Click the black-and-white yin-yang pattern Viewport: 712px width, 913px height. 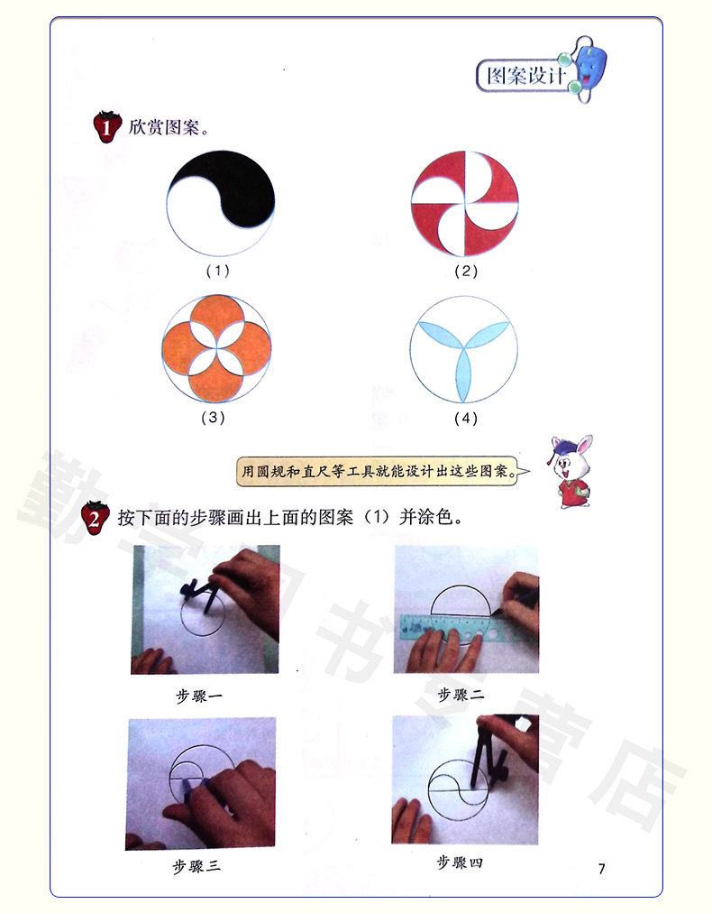click(221, 203)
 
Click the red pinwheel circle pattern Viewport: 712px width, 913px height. click(465, 204)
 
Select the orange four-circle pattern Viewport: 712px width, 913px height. click(216, 349)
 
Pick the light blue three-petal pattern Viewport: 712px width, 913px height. click(463, 350)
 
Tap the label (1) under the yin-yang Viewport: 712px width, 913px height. click(218, 271)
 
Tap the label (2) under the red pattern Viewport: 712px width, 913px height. click(466, 271)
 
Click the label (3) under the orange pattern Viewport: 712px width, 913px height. click(213, 418)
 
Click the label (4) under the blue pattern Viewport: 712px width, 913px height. click(466, 418)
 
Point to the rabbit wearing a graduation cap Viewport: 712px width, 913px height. click(571, 472)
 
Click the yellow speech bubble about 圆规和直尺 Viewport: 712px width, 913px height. click(382, 471)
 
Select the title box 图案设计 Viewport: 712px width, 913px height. click(525, 76)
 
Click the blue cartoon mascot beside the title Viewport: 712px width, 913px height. click(588, 69)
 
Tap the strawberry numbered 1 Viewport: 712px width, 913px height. click(107, 126)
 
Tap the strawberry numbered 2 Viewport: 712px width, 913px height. click(95, 518)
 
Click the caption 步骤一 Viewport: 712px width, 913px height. click(199, 696)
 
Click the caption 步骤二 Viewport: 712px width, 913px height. click(461, 694)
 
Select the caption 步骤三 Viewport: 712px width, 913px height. click(196, 866)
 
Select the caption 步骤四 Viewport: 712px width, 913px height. click(461, 862)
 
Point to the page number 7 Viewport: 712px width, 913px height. click(601, 869)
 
